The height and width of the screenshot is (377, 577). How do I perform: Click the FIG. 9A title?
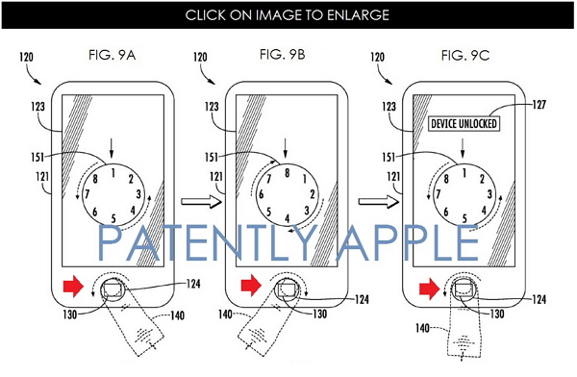[x=112, y=55]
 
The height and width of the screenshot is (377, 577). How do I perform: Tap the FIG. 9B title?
[x=282, y=55]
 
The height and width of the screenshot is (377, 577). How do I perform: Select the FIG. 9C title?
[x=465, y=55]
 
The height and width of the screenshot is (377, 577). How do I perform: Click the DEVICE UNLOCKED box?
[x=464, y=124]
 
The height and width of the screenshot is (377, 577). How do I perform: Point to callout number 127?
[x=539, y=105]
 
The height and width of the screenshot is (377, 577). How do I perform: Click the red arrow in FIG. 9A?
[x=74, y=286]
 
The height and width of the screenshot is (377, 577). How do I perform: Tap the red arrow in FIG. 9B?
[x=251, y=286]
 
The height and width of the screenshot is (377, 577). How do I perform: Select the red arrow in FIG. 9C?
[x=430, y=288]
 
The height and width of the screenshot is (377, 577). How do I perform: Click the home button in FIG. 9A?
[x=113, y=289]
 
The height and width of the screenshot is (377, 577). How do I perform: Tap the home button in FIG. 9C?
[x=464, y=289]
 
